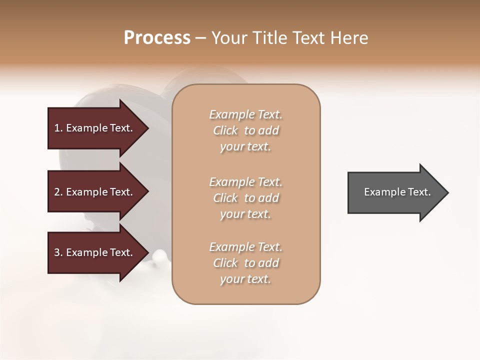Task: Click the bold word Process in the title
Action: coord(157,38)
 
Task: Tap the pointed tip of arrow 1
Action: coord(147,128)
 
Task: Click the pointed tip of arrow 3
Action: coord(147,252)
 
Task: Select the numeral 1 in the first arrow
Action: coord(57,128)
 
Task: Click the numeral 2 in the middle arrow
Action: coord(57,192)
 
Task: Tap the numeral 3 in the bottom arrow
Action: coord(57,252)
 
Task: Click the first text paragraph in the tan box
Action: coord(246,130)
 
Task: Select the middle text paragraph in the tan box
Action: coord(246,198)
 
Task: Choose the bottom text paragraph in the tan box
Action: coord(246,263)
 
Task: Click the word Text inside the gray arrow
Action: coord(419,192)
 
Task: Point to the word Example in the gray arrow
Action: coord(382,192)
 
